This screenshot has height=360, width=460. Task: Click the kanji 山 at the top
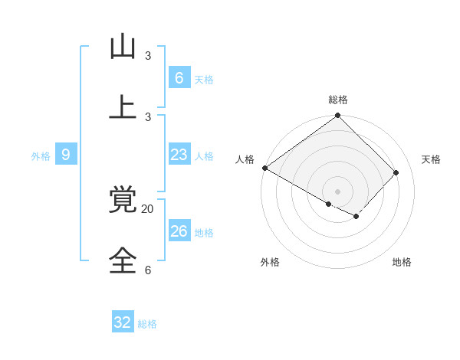click(123, 47)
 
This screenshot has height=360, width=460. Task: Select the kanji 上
click(123, 107)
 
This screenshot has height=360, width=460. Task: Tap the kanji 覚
click(123, 200)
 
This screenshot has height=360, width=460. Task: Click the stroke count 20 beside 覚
click(147, 208)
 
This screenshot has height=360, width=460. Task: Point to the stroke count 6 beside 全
click(147, 270)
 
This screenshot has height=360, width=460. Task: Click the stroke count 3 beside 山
click(147, 56)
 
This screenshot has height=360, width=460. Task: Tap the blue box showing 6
click(179, 77)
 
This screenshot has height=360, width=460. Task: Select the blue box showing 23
click(179, 155)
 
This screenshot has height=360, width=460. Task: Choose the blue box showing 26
click(179, 231)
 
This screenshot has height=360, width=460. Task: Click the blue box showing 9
click(66, 155)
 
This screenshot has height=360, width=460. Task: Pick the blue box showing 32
click(123, 322)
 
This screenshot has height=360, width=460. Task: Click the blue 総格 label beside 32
click(147, 324)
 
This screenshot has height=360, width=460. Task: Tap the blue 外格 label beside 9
click(41, 156)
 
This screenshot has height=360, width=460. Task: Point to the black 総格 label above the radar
click(338, 100)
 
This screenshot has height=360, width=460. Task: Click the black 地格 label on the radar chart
click(402, 262)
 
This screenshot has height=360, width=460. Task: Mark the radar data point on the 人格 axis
click(264, 168)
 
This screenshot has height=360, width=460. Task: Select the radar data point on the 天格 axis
click(396, 172)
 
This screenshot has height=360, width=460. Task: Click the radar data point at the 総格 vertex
click(337, 116)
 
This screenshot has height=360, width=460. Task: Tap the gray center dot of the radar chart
click(337, 191)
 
